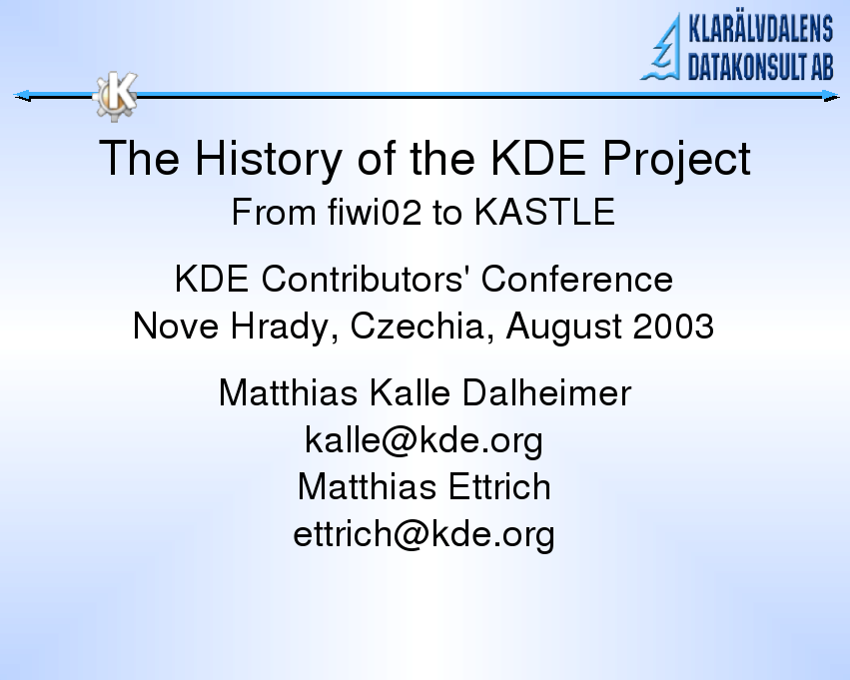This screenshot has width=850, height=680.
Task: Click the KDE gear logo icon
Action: tap(116, 96)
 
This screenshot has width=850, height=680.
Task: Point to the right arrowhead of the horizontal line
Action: tap(831, 96)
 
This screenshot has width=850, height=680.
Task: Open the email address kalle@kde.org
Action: tap(424, 439)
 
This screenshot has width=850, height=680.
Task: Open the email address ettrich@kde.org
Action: tap(424, 534)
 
